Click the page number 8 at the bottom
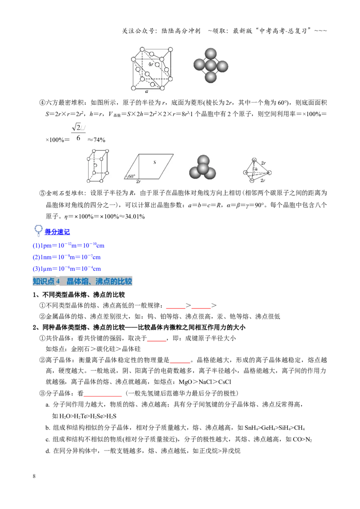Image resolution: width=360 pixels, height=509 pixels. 34,476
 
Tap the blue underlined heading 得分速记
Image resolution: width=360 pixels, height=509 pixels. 57,232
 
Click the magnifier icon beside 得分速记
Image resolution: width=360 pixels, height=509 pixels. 38,230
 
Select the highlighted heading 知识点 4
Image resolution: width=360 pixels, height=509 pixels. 46,281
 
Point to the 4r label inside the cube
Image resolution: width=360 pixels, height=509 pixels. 151,64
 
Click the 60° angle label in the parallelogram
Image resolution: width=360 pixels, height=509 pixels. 131,176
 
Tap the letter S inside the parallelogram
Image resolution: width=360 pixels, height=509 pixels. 155,162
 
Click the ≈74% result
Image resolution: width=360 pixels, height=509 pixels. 96,140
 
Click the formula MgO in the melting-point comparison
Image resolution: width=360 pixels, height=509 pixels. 186,382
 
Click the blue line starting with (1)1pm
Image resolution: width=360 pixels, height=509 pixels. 68,246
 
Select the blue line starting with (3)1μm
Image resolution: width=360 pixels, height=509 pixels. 67,268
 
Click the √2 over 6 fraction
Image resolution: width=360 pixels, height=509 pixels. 78,132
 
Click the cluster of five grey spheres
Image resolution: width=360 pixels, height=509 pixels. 211,65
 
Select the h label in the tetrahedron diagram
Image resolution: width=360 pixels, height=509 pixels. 256,169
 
